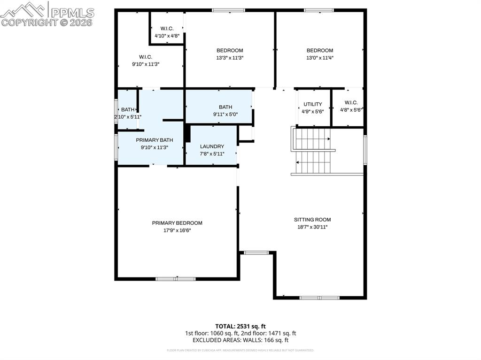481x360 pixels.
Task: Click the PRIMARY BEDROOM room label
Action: click(x=177, y=223)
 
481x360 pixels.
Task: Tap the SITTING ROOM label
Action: click(x=312, y=220)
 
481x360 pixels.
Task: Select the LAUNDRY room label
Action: click(x=212, y=146)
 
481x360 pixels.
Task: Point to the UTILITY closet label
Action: click(x=313, y=104)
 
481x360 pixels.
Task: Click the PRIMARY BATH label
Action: click(x=155, y=140)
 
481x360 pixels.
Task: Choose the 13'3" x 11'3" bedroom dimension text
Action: click(x=230, y=58)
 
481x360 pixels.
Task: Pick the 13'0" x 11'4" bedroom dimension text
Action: click(x=320, y=58)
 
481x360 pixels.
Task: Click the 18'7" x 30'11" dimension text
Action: click(x=312, y=227)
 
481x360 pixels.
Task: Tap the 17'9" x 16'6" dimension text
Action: click(x=177, y=230)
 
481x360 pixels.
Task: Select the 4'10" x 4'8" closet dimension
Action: click(x=167, y=36)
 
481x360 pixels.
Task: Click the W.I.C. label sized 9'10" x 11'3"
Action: click(x=145, y=57)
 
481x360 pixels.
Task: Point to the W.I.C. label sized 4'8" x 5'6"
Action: click(x=351, y=103)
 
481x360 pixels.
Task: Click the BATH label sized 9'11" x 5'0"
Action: click(x=225, y=107)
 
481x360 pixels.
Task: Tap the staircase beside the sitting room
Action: click(x=312, y=150)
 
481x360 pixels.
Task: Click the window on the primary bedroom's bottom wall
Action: click(x=176, y=279)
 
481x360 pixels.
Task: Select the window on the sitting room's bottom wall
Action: click(x=319, y=298)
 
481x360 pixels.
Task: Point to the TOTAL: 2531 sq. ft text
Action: click(x=240, y=326)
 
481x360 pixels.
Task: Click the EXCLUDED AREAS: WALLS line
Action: click(x=240, y=340)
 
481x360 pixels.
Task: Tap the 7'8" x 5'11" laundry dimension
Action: click(x=212, y=154)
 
